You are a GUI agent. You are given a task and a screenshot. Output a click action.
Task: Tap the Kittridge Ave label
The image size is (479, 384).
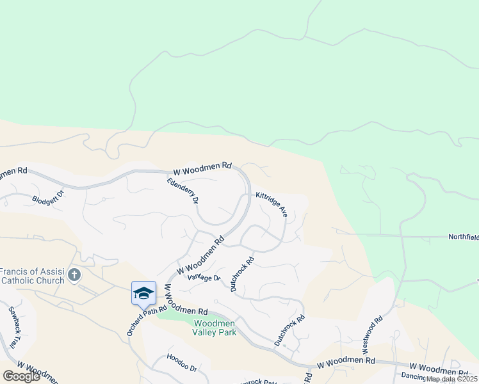pos(272,204)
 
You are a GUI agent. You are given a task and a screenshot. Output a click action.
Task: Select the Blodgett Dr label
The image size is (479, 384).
pos(48,197)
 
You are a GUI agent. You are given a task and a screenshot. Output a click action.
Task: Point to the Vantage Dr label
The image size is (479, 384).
pos(204,278)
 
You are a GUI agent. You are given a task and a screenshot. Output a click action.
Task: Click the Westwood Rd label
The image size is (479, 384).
pos(373,328)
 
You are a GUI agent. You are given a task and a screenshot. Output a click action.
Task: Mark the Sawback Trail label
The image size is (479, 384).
pos(15,326)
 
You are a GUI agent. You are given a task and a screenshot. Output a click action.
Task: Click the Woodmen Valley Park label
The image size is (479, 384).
pos(215,328)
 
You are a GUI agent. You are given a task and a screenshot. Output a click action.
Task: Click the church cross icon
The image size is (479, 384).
pos(74,275)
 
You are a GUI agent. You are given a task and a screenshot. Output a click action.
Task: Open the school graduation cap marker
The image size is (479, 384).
pos(143,293)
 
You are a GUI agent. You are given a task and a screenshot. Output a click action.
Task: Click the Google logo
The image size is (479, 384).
pos(21,376)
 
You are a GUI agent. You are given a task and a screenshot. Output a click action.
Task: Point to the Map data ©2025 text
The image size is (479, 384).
pos(452,379)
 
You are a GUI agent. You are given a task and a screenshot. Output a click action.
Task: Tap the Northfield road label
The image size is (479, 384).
pos(462,237)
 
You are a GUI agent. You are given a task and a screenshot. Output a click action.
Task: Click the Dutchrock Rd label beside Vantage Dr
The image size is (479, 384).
pos(243,274)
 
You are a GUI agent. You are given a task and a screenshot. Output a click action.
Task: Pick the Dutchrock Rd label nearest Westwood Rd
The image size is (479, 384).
pos(289,330)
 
